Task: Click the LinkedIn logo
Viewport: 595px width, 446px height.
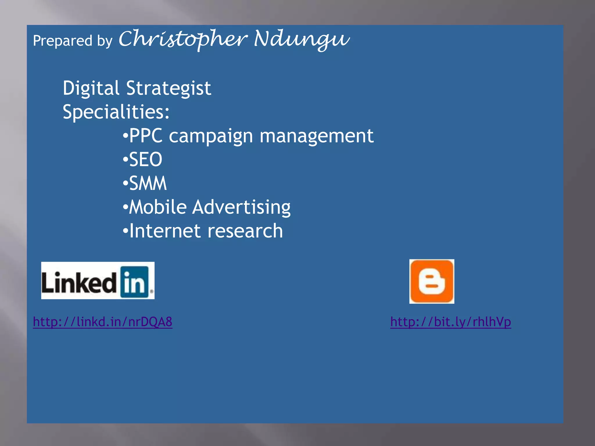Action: point(98,280)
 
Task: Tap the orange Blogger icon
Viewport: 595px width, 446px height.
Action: point(432,281)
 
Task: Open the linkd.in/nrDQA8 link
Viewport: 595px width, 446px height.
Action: point(103,322)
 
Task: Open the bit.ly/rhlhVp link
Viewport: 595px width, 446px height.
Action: point(451,322)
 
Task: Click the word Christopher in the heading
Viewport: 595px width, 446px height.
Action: point(183,39)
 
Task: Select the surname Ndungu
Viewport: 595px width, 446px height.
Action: point(302,39)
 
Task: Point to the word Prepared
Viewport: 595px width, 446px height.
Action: point(62,41)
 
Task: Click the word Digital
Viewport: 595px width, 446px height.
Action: point(91,88)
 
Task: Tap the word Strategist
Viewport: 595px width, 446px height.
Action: point(169,88)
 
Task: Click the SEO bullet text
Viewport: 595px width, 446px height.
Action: point(146,159)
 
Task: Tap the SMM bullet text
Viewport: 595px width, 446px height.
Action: point(148,183)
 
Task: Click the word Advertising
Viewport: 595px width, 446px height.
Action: point(241,207)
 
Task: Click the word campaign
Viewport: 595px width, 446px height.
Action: point(211,136)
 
